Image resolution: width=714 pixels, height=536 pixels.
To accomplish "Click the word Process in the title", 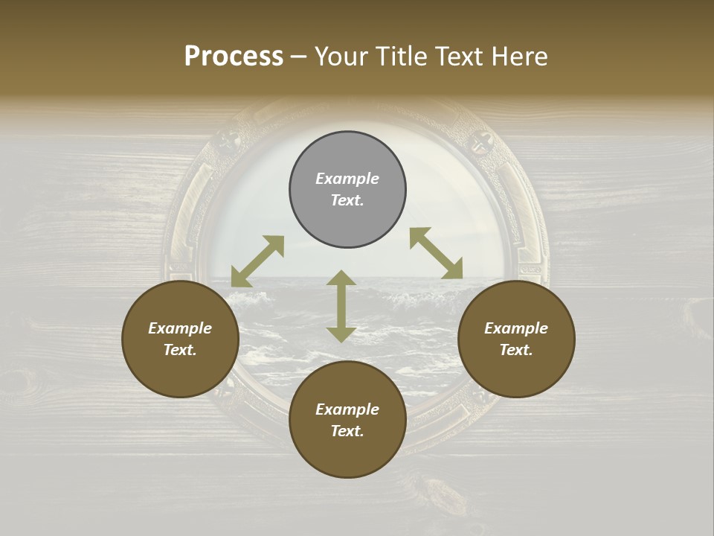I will [x=234, y=57].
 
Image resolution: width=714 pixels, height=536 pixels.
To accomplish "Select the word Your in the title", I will [x=341, y=57].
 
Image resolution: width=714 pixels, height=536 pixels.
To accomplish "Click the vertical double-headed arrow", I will [x=341, y=306].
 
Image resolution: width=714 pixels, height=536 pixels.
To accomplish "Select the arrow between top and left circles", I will [x=257, y=261].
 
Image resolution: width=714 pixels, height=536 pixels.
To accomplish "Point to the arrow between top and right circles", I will [x=437, y=253].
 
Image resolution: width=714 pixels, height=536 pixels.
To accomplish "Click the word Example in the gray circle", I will [x=347, y=179].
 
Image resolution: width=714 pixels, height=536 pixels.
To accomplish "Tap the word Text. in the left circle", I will [x=180, y=350].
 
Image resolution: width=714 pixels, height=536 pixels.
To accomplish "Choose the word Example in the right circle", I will [x=516, y=328].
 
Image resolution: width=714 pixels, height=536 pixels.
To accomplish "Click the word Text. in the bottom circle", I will [x=347, y=431].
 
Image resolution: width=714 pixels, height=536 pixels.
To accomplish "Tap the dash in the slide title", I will [x=298, y=57].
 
